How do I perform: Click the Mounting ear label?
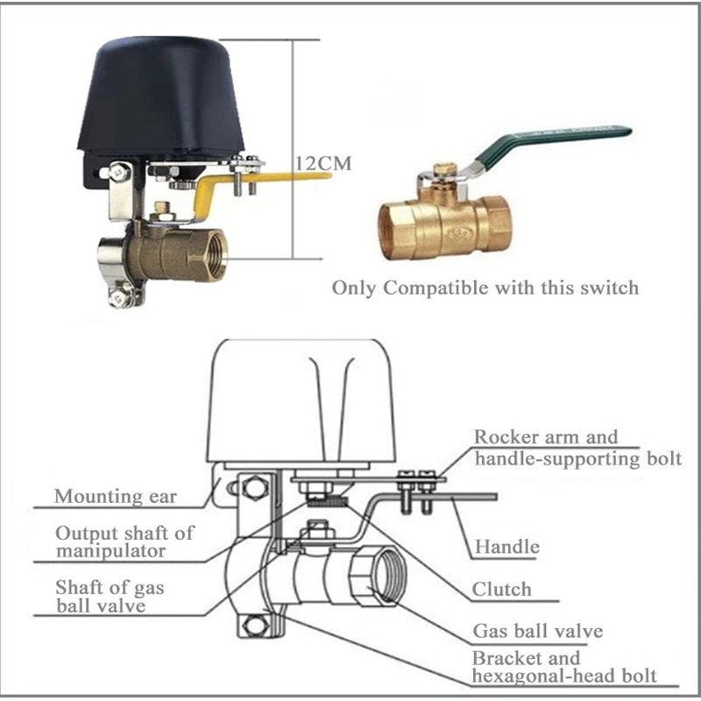tap(116, 497)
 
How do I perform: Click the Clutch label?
tap(501, 589)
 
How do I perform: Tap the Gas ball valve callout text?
tap(537, 631)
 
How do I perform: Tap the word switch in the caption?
tap(608, 287)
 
